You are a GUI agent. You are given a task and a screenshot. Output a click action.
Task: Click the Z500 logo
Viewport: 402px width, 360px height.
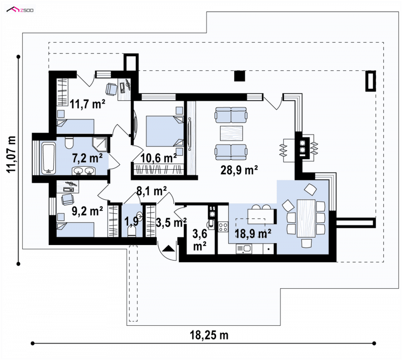coord(20,10)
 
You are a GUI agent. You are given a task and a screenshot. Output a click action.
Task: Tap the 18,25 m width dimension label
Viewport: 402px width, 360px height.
coord(209,335)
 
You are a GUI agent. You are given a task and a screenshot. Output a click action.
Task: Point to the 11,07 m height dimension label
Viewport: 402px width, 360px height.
coord(12,155)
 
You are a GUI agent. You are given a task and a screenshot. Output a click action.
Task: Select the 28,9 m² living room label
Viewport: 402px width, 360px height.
coord(239,170)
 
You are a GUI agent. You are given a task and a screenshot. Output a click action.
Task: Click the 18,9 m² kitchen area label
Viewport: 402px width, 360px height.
coord(253,233)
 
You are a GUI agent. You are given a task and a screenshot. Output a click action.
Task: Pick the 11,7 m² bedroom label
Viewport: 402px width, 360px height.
coord(87,104)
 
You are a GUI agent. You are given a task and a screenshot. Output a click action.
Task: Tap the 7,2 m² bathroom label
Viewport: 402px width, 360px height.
coord(87,158)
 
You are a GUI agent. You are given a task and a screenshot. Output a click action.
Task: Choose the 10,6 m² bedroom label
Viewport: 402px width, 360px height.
coord(159,158)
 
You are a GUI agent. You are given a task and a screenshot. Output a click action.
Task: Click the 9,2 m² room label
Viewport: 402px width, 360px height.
coord(87,211)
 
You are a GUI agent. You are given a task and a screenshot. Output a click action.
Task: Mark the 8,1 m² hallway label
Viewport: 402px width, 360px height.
coord(152,191)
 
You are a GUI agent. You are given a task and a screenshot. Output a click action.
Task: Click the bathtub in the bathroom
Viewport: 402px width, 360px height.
coord(48,159)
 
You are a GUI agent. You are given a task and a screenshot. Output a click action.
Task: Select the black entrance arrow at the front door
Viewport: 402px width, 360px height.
coord(168,249)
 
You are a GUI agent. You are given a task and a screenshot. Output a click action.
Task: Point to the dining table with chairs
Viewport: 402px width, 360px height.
coord(306,218)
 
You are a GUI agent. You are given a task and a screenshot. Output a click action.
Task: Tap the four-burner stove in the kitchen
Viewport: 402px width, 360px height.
coord(223,227)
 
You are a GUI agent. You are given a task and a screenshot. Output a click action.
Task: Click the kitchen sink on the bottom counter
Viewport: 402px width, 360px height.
coord(244,249)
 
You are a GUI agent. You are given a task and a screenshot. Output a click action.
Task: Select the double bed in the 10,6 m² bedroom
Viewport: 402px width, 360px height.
coord(165,132)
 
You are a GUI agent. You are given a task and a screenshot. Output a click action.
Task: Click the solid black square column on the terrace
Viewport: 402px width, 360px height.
coord(240,76)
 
